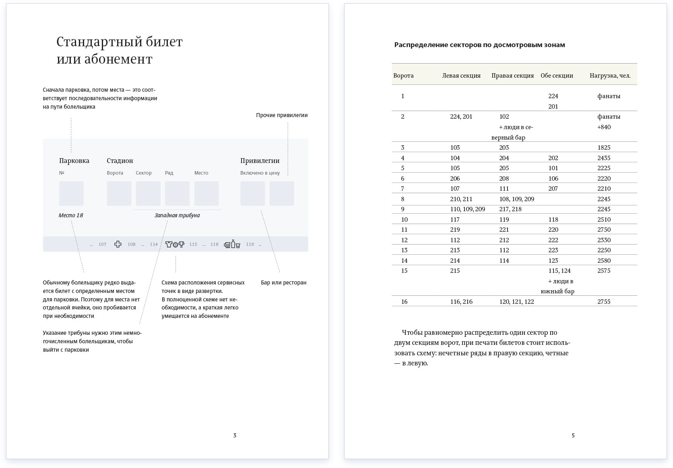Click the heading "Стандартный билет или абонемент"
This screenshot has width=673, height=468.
(x=120, y=50)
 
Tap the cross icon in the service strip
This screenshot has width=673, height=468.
(x=118, y=244)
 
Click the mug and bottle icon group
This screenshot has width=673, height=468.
(x=232, y=244)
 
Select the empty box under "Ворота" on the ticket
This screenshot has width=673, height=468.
(x=119, y=193)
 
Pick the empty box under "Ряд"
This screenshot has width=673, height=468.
(x=177, y=193)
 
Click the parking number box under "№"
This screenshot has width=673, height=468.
(x=71, y=193)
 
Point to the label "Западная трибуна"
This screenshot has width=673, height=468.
(x=177, y=215)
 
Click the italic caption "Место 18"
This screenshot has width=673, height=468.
(x=71, y=215)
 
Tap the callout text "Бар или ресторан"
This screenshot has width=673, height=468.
(x=283, y=282)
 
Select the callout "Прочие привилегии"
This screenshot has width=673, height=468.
(x=282, y=115)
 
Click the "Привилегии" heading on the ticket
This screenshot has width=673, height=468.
(x=260, y=161)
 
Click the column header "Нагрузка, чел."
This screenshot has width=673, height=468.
(x=610, y=75)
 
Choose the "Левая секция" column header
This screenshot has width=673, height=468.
(x=461, y=75)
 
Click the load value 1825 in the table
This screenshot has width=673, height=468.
(x=604, y=147)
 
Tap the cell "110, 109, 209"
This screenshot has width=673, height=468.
(x=467, y=209)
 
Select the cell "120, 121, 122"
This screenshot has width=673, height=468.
(x=516, y=301)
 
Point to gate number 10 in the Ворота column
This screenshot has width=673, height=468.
(x=404, y=219)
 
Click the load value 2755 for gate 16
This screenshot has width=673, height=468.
(x=604, y=301)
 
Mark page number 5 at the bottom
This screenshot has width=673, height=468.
(x=573, y=435)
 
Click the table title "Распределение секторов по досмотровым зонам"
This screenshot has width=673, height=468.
(x=479, y=45)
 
